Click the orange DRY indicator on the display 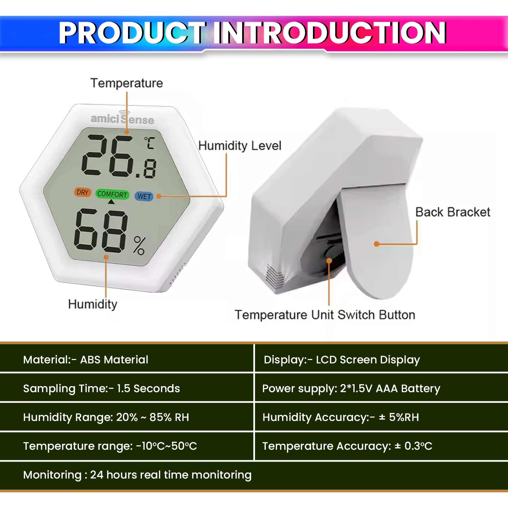click(x=82, y=192)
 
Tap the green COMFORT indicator click(x=112, y=194)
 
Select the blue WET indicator click(x=144, y=196)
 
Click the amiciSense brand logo click(x=122, y=119)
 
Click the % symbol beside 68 click(x=139, y=246)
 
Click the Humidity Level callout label click(x=240, y=146)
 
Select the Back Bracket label click(x=453, y=212)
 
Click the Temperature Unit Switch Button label click(x=325, y=315)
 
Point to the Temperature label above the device click(x=127, y=83)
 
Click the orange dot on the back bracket click(x=376, y=244)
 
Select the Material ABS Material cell click(x=86, y=359)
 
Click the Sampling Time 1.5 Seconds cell click(x=101, y=388)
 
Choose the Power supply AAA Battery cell click(x=351, y=388)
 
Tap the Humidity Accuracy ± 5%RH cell click(x=341, y=417)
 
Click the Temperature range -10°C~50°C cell click(x=110, y=446)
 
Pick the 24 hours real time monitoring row click(x=137, y=475)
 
